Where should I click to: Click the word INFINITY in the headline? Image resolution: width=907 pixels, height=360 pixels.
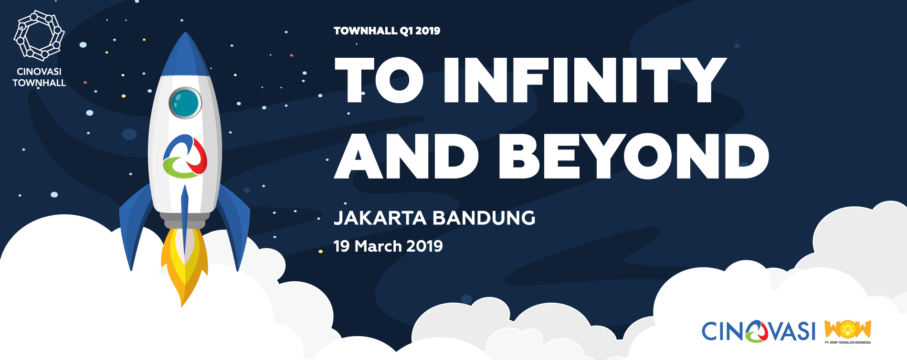(x=585, y=80)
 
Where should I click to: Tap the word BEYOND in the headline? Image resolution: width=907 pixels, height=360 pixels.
(x=634, y=156)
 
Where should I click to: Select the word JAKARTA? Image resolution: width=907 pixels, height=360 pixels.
(x=380, y=218)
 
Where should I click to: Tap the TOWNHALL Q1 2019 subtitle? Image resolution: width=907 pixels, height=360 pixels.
(x=387, y=31)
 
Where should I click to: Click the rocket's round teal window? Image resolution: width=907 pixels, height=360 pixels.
(x=185, y=103)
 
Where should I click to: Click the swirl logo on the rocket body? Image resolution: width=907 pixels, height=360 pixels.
(x=185, y=156)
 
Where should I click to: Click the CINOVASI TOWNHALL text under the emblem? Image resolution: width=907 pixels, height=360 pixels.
(x=39, y=77)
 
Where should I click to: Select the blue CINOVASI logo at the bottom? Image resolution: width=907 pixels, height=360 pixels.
(x=759, y=331)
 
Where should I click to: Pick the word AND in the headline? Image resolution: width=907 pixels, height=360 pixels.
(x=406, y=156)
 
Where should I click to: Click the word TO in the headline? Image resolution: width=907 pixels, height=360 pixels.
(x=380, y=80)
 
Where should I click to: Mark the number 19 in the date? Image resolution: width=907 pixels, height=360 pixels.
(x=342, y=246)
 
